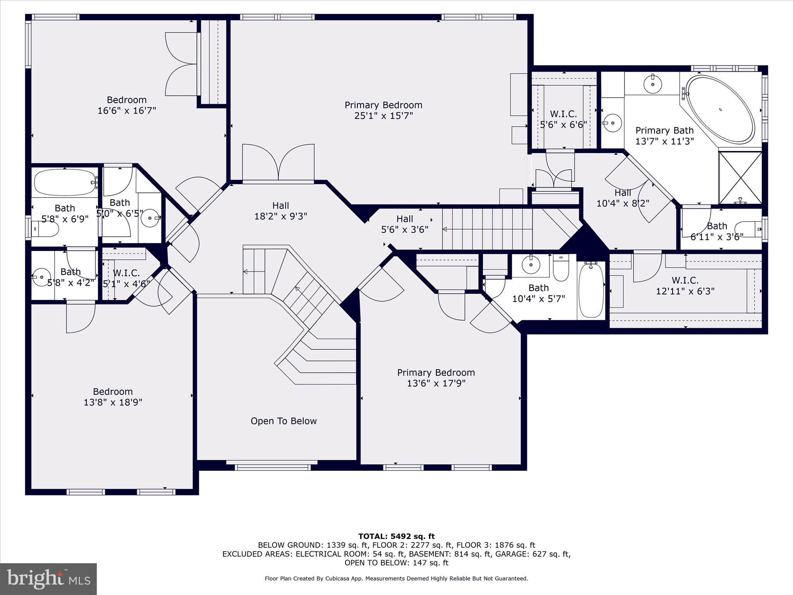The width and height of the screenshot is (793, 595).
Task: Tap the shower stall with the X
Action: click(x=740, y=177)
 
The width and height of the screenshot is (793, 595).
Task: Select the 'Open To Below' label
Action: click(x=283, y=421)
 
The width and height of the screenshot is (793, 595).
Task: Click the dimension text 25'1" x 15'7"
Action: click(x=383, y=116)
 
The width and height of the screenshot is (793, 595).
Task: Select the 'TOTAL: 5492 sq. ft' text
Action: click(x=396, y=536)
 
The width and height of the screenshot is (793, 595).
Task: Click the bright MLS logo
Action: click(x=48, y=579)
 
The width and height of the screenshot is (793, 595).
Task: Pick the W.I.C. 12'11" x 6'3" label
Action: click(x=685, y=285)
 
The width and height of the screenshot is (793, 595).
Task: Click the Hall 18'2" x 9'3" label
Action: click(x=280, y=211)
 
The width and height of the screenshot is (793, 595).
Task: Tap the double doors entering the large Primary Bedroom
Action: click(x=278, y=163)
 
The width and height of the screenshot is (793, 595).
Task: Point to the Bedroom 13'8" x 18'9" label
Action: click(x=113, y=397)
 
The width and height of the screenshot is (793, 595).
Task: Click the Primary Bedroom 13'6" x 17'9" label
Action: click(x=436, y=378)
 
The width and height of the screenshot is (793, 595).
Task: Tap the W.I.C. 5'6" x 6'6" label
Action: click(x=563, y=119)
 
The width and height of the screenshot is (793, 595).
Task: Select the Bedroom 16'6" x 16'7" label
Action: click(x=127, y=105)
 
